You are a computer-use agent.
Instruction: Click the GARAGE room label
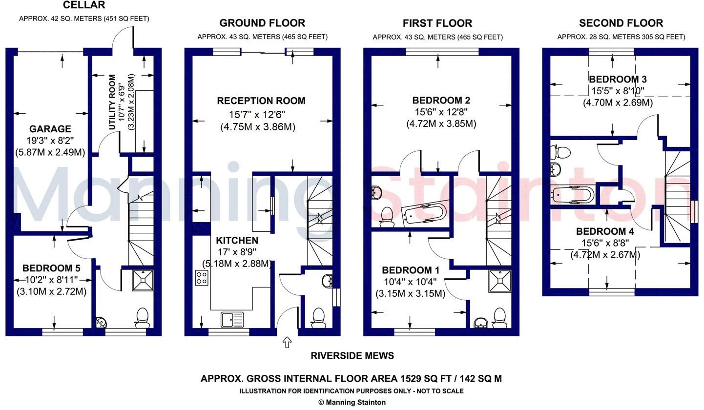[50, 129]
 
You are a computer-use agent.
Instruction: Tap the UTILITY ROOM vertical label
[113, 102]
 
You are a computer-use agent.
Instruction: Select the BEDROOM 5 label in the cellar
[51, 268]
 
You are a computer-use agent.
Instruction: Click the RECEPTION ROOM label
[261, 101]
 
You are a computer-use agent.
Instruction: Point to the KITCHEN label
[237, 241]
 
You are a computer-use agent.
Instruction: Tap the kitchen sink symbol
[232, 320]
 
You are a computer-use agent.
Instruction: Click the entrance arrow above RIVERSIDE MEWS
[287, 343]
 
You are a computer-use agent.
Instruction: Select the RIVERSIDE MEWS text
[352, 356]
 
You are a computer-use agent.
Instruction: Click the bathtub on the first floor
[424, 213]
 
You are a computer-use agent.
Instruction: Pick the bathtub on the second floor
[573, 194]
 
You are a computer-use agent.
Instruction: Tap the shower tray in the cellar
[143, 281]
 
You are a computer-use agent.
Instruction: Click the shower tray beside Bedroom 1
[499, 281]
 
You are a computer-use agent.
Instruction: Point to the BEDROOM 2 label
[441, 101]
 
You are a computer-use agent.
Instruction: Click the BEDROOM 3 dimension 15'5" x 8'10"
[618, 91]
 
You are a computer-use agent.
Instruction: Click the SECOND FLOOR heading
[621, 23]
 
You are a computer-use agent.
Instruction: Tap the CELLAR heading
[83, 5]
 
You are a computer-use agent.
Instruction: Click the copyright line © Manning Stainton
[352, 403]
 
